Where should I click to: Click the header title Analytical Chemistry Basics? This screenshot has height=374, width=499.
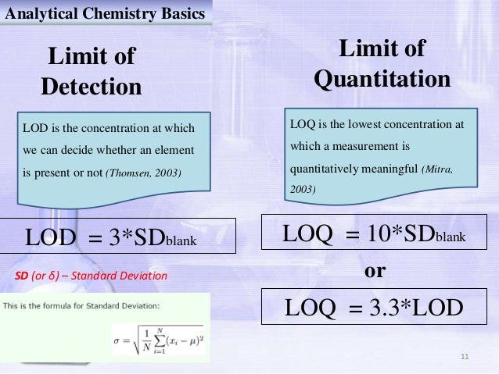click(105, 13)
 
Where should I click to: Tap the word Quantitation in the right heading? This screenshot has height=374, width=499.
click(381, 79)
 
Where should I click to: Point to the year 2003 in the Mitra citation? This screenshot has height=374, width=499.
click(303, 189)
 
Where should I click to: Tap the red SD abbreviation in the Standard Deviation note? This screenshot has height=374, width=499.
click(23, 276)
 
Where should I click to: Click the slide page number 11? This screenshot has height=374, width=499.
click(465, 358)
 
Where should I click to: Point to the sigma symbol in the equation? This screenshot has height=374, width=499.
click(120, 339)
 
